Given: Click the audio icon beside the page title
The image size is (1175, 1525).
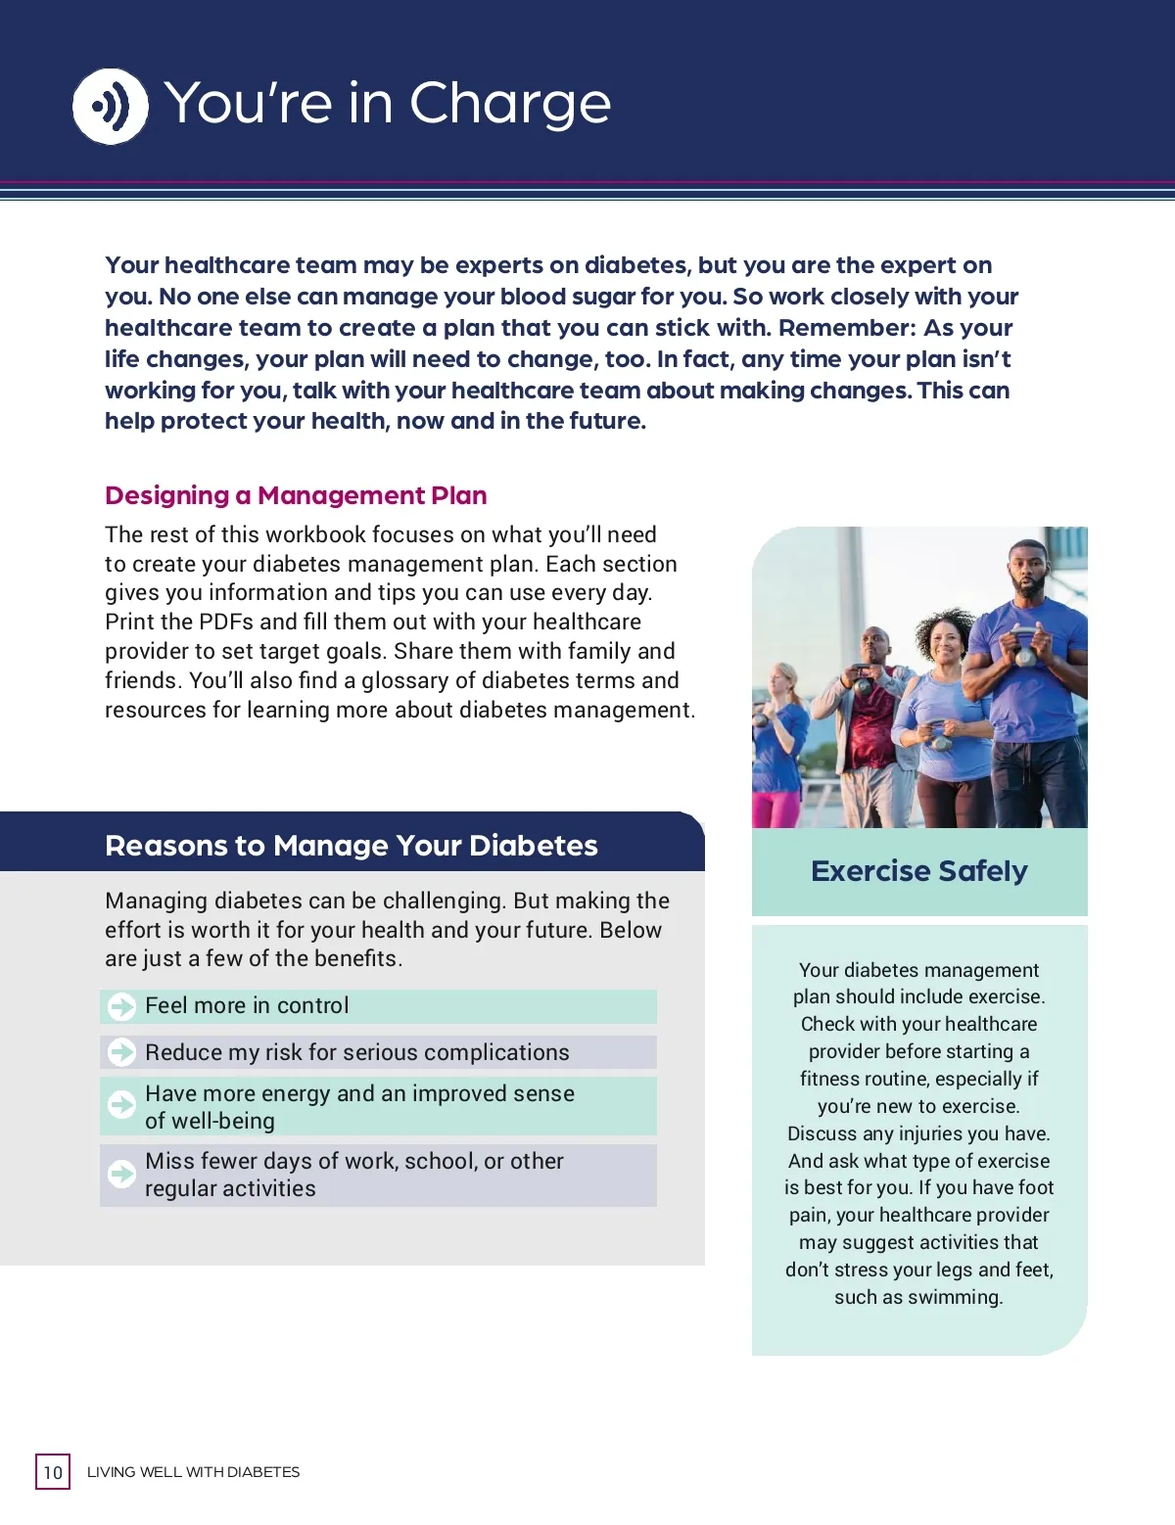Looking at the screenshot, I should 111,107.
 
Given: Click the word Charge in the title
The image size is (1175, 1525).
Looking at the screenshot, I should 509,104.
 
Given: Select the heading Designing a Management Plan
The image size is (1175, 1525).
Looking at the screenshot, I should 296,495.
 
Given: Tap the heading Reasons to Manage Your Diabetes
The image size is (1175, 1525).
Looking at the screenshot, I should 351,846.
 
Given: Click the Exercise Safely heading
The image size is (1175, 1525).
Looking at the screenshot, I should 919,870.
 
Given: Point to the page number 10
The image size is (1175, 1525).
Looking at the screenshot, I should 53,1472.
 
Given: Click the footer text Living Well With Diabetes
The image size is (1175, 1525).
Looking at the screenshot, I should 193,1472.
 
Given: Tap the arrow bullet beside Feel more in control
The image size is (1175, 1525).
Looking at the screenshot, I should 122,1006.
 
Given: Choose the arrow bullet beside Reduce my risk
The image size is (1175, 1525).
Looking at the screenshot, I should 122,1052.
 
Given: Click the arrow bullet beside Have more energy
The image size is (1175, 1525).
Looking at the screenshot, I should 122,1105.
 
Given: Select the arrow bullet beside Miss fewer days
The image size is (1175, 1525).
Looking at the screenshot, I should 122,1174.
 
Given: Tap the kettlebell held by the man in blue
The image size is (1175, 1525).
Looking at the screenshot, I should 1024,650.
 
